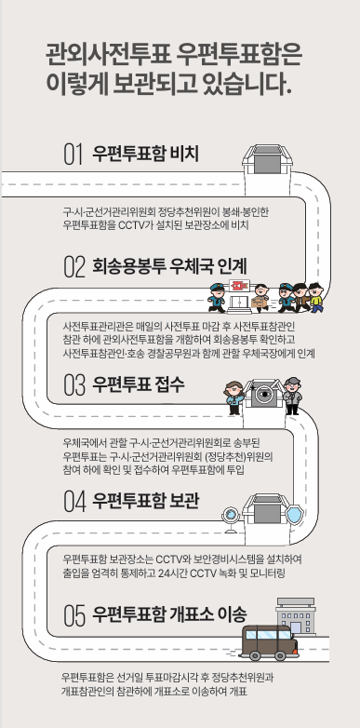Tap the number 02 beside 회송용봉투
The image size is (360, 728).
tap(74, 269)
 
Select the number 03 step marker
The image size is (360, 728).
tap(74, 384)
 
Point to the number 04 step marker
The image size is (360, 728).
tap(74, 502)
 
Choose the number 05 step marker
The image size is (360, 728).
tap(74, 614)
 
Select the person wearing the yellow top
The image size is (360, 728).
tap(316, 299)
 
